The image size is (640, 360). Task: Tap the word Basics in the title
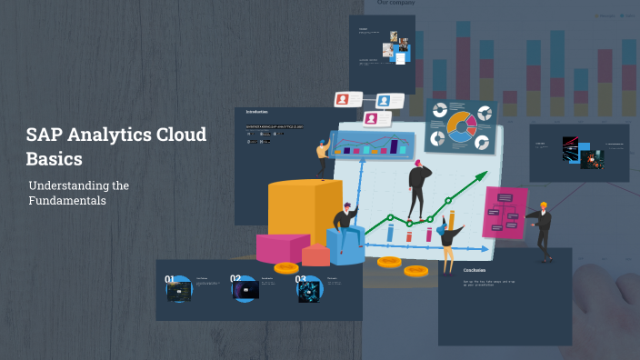point(54,158)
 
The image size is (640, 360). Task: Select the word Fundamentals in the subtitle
point(67,200)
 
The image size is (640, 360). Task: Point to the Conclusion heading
point(475,270)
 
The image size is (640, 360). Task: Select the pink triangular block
point(282,246)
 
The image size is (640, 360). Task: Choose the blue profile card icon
point(383,100)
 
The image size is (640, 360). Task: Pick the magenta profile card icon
point(371,118)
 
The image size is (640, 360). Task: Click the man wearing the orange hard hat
point(543,230)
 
